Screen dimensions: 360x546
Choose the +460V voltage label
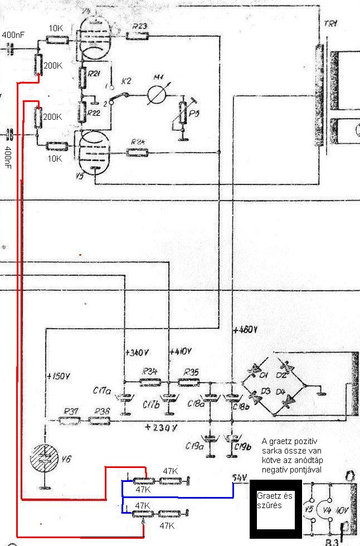246,329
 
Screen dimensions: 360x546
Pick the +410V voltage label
181,352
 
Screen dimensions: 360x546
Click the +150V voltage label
60,374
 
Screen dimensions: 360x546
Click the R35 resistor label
191,372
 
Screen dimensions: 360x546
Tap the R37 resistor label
71,411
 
